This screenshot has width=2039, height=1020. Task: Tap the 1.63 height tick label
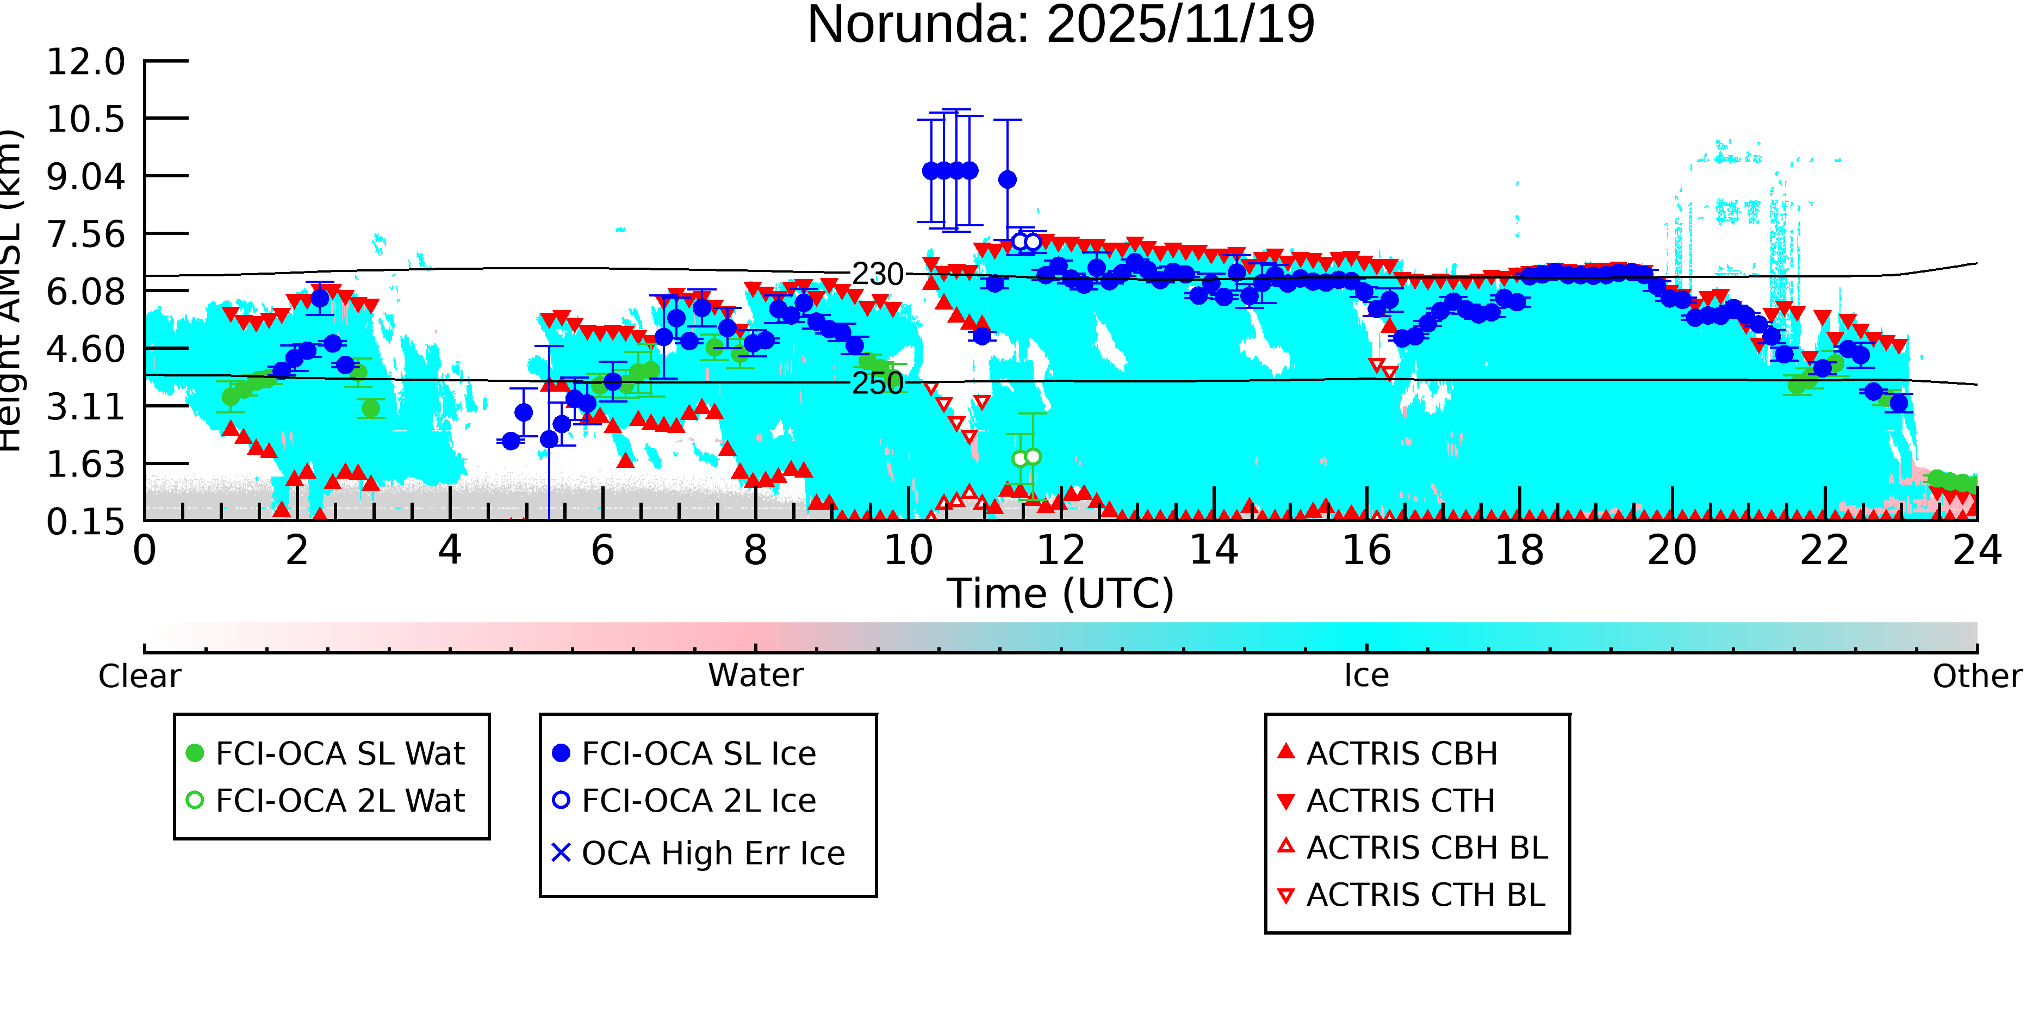pyautogui.click(x=85, y=464)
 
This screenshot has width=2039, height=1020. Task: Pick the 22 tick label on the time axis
pyautogui.click(x=1824, y=551)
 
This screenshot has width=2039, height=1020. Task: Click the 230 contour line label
pyautogui.click(x=877, y=275)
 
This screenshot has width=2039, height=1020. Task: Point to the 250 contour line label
pyautogui.click(x=877, y=384)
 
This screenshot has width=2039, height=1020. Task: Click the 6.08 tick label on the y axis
pyautogui.click(x=85, y=292)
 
